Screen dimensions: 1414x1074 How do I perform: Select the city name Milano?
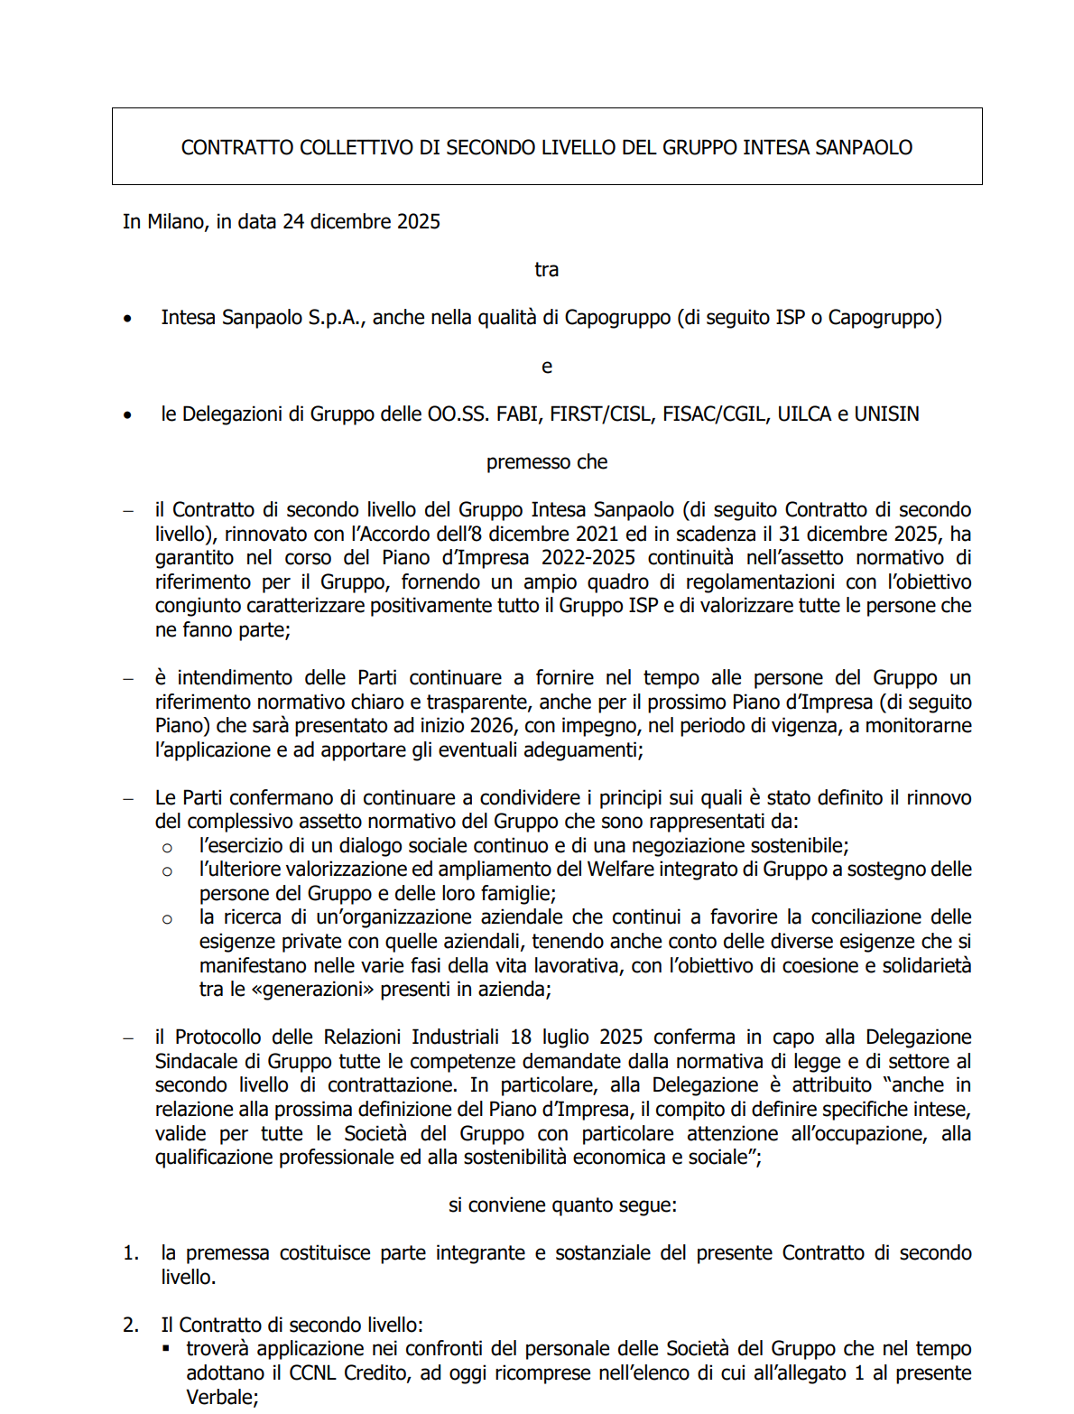tap(176, 221)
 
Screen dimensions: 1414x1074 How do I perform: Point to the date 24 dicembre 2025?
tap(361, 221)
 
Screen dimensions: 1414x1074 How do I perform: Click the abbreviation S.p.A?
tap(337, 318)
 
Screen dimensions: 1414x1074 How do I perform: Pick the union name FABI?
tap(518, 414)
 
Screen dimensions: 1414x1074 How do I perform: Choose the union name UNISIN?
tap(886, 414)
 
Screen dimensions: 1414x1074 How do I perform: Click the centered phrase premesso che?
tap(547, 462)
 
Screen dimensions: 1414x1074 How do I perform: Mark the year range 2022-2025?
tap(588, 558)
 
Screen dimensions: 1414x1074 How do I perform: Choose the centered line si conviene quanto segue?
tap(562, 1205)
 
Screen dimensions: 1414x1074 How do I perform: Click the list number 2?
tap(130, 1326)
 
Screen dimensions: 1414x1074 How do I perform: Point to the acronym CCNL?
tap(312, 1373)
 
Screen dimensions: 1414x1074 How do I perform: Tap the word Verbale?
tap(220, 1398)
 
